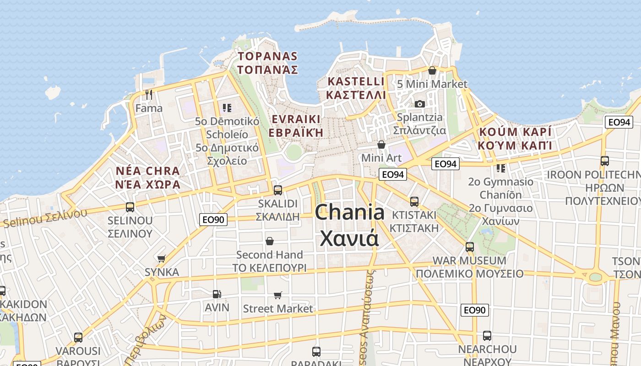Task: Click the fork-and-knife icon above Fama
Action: coord(148,95)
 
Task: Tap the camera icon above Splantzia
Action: coord(419,104)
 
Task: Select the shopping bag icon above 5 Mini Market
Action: coord(432,70)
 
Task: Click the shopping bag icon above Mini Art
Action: coord(381,145)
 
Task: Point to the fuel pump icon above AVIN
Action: coord(217,294)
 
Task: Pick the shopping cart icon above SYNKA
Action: coord(161,259)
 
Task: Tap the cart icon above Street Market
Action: coord(277,296)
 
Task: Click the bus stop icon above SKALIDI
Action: coord(277,190)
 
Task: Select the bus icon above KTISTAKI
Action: coord(414,201)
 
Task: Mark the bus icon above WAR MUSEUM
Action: coord(469,247)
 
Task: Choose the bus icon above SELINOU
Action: coord(130,207)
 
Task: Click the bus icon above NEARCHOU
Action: coord(487,335)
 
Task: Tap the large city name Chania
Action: coord(350,213)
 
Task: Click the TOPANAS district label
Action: coord(268,57)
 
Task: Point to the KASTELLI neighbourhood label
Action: coord(356,82)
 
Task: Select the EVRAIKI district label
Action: coord(296,119)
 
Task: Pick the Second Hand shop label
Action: coord(269,255)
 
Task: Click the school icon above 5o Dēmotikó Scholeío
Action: coord(227,108)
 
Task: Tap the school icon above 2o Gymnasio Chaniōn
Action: coord(501,168)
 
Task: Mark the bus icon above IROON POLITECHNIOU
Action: coord(604,161)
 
